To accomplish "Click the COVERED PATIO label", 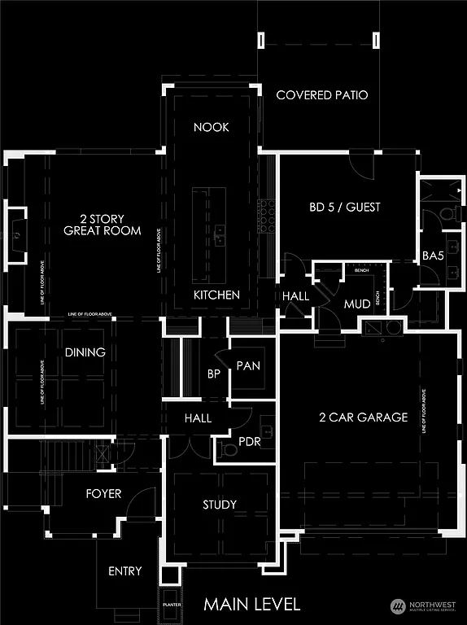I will click(322, 95).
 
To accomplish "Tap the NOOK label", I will click(212, 127).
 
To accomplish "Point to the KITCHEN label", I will click(216, 295).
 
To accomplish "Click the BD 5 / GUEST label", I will click(345, 207).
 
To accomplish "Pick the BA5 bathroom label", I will click(434, 256).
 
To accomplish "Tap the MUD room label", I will click(357, 304).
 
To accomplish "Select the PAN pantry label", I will click(248, 366).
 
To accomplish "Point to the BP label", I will click(214, 374).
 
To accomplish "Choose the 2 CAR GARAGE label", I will click(364, 417).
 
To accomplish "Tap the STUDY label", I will click(220, 505).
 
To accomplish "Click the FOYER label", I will click(103, 493).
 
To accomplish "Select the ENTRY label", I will click(125, 571).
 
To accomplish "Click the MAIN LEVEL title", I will click(252, 604).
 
